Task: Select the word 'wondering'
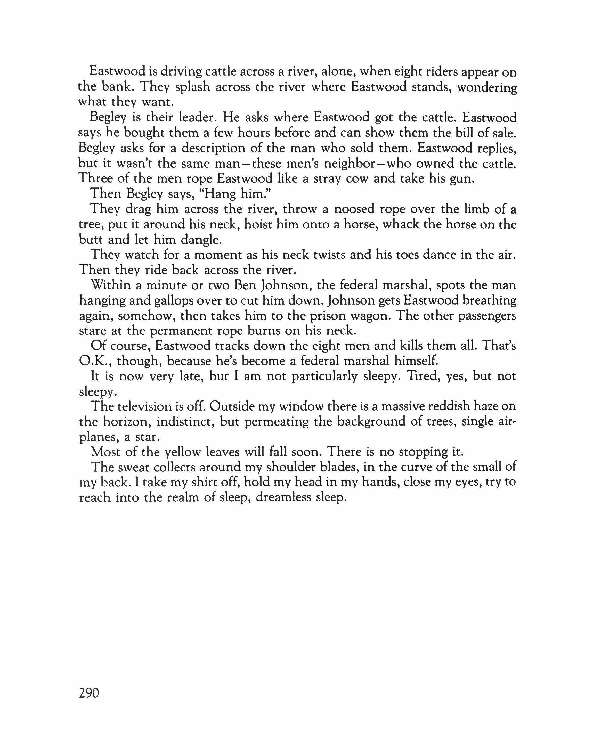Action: (487, 88)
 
